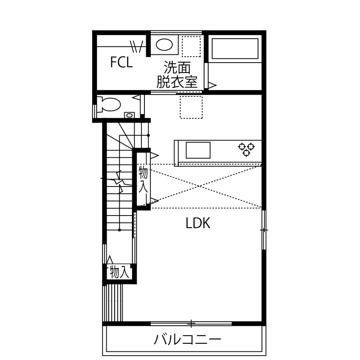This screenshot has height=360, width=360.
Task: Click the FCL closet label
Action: (x=121, y=63)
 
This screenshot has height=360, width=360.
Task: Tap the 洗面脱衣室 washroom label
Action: (x=177, y=75)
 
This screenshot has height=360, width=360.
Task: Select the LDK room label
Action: (x=198, y=223)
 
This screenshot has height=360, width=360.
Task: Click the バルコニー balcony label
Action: (x=188, y=340)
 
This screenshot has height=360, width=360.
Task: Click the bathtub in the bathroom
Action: (x=235, y=48)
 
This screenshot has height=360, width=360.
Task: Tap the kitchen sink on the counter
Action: (x=198, y=150)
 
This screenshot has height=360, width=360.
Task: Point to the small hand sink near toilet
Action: (x=129, y=115)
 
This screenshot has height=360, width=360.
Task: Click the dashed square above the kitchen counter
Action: (x=191, y=107)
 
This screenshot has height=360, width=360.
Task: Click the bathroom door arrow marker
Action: (x=211, y=86)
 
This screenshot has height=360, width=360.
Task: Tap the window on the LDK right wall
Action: (x=264, y=230)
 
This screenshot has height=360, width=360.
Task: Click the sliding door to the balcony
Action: (x=191, y=323)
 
